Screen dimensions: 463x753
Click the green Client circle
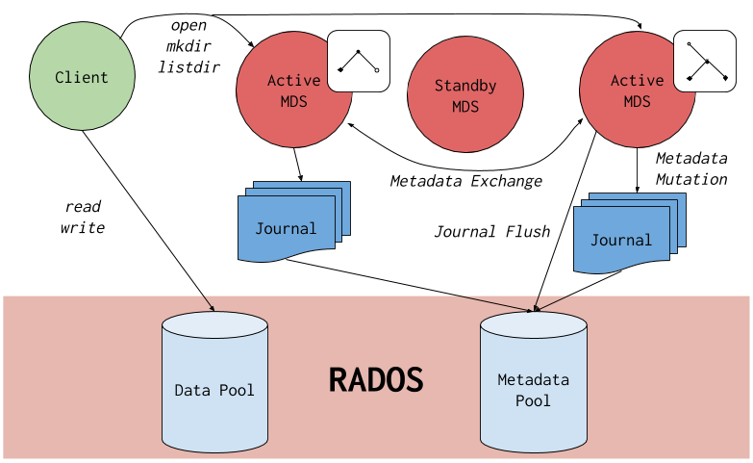(82, 77)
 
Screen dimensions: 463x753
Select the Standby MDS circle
(465, 95)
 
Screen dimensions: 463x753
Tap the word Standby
(465, 86)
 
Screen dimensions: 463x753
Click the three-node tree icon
(359, 61)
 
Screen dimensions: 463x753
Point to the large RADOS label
(376, 380)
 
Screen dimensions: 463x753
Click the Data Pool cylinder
(214, 385)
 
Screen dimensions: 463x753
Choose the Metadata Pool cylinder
(533, 385)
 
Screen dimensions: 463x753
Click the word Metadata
(533, 380)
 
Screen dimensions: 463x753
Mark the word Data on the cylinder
(192, 390)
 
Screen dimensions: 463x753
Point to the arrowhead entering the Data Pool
(212, 309)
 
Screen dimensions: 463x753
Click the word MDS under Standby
(465, 106)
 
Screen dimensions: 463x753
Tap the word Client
(82, 77)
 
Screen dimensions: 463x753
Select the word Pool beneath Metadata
(533, 399)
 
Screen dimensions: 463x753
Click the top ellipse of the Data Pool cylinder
(214, 325)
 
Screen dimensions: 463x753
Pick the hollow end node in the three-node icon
(376, 70)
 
